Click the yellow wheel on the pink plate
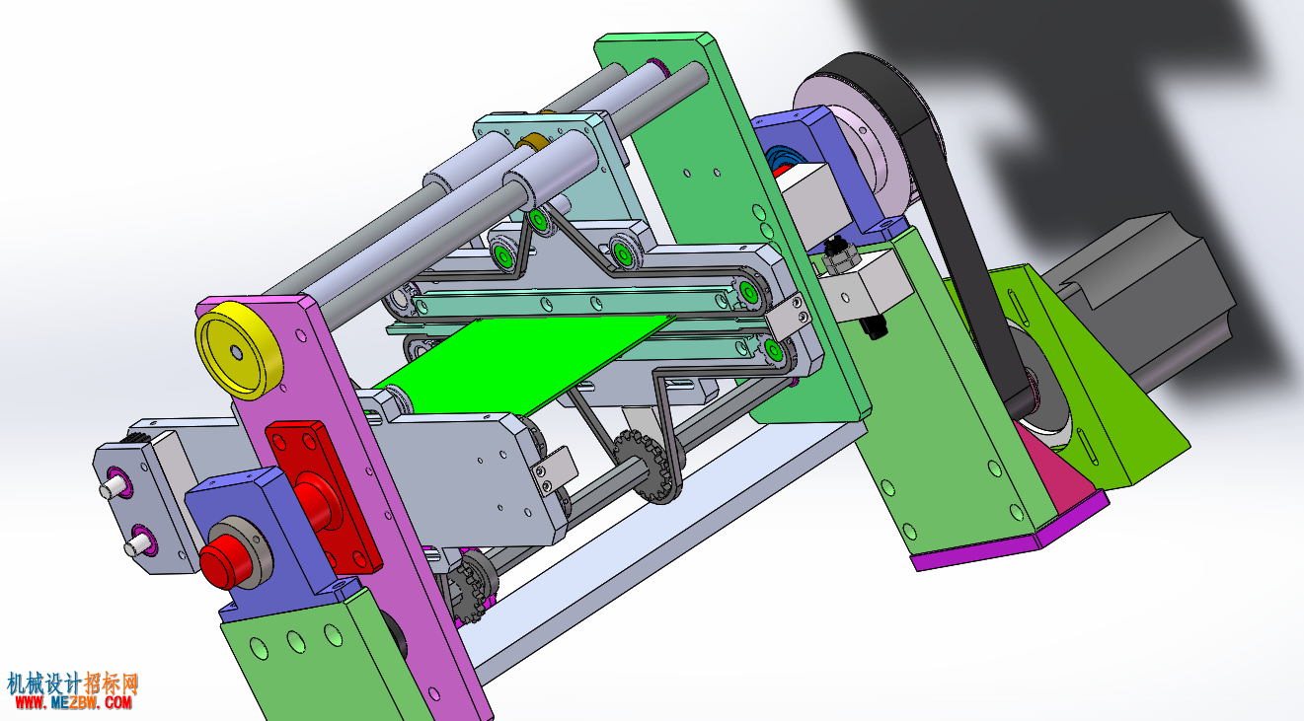pos(239,350)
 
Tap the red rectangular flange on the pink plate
pos(323,496)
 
